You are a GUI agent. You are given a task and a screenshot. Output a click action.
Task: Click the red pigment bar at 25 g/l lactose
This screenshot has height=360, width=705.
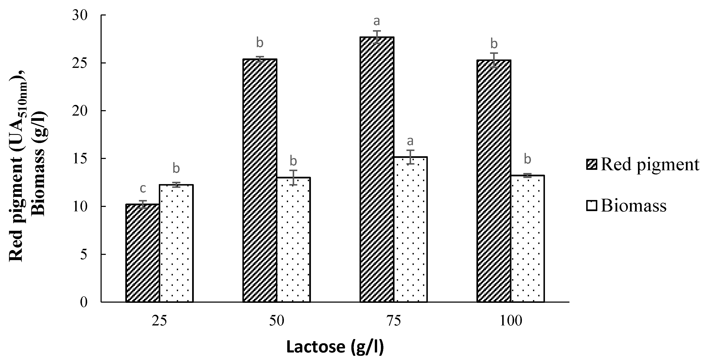[x=143, y=253]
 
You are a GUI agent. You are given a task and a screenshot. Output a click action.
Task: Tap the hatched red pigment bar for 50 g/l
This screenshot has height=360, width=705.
[x=260, y=181]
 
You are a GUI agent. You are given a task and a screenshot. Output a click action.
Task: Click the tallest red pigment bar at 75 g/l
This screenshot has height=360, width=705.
[x=377, y=170]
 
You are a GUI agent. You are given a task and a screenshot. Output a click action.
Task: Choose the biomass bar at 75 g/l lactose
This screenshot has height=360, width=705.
[x=410, y=230]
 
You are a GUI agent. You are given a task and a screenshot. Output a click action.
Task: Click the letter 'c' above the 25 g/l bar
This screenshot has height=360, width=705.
[x=143, y=188]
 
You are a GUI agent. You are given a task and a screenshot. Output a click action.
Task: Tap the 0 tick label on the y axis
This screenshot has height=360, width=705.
[x=83, y=302]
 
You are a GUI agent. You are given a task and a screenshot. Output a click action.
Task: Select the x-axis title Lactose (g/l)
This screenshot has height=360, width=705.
[x=335, y=347]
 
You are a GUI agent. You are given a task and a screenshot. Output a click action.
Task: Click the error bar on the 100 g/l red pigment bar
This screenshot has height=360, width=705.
[x=494, y=60]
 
